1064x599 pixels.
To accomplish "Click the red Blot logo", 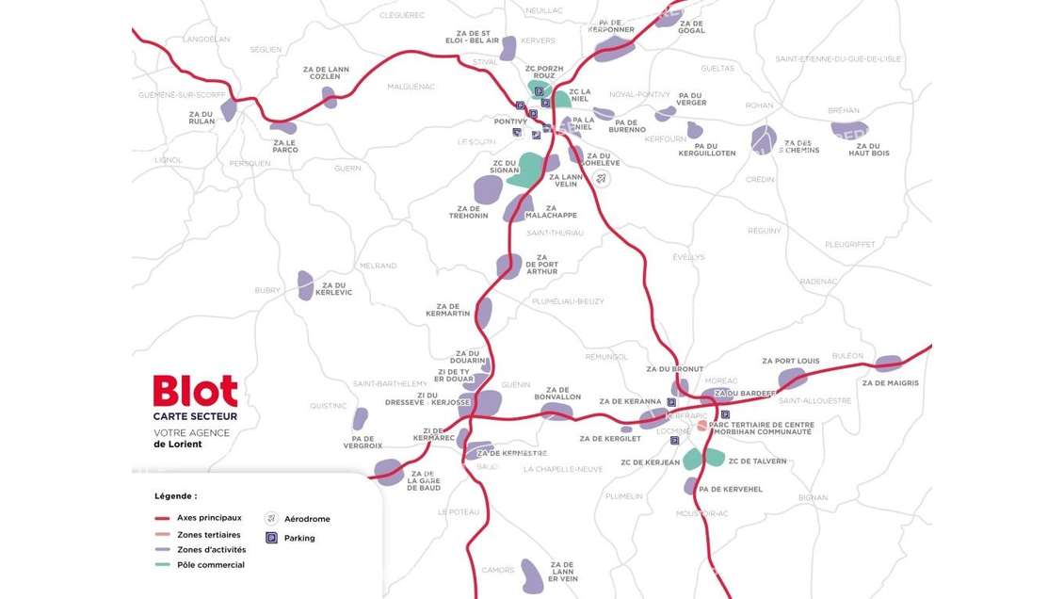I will coord(195,391).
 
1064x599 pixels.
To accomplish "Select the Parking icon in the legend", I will coord(271,538).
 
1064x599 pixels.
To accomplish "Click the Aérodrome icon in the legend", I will coord(271,518).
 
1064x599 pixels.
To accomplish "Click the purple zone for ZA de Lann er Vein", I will coord(533,575).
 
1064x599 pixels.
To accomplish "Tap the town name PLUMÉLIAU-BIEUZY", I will coord(568,301).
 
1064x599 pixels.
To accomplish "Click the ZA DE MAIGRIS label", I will coord(890,383).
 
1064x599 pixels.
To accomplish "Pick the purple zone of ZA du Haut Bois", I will coord(849,130).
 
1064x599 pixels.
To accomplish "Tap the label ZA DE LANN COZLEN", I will coord(326,73).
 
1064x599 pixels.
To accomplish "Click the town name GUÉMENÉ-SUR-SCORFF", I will coord(182,95).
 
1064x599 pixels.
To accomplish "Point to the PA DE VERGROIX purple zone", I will coord(360,419).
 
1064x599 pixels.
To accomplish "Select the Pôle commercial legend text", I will coord(211,565).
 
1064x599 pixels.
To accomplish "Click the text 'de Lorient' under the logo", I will coord(178,445).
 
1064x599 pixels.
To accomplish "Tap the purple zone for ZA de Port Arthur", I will coord(508,267).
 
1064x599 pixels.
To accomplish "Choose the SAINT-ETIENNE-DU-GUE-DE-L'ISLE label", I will coord(838,58).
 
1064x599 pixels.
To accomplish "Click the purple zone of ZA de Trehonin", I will coord(488,189).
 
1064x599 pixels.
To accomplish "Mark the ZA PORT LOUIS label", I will coord(790,361).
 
